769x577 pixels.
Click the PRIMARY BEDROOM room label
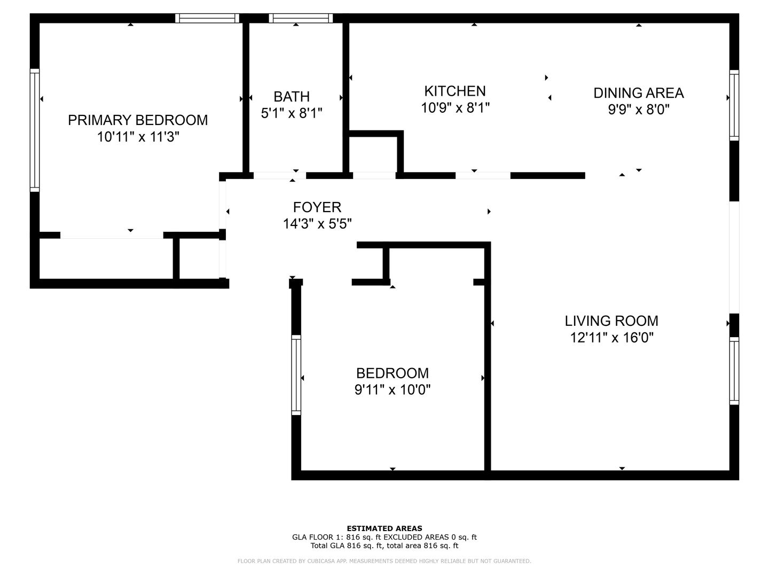point(138,120)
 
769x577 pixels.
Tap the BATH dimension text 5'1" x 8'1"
point(292,113)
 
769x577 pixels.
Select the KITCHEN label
point(455,91)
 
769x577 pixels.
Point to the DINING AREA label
point(638,93)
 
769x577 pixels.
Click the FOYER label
point(317,207)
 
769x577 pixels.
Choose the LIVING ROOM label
point(611,321)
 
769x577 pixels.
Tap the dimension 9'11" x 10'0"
point(393,389)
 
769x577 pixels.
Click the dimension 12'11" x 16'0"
point(611,338)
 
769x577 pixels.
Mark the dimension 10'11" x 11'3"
point(138,137)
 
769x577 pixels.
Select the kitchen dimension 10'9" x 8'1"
point(455,108)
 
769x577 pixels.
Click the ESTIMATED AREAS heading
point(384,528)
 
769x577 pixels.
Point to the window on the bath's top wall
point(301,18)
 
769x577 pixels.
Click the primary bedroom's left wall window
point(35,130)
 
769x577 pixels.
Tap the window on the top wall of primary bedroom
point(207,18)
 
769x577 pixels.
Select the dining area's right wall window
point(734,105)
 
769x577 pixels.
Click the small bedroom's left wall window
point(296,375)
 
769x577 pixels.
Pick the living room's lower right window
point(734,371)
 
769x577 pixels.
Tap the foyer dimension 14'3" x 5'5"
point(317,223)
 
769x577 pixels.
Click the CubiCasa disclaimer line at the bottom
point(384,561)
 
